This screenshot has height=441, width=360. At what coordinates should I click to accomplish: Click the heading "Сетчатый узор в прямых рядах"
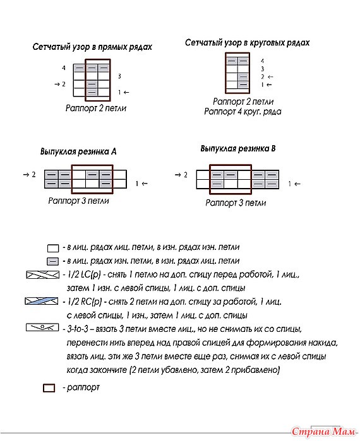(x=92, y=47)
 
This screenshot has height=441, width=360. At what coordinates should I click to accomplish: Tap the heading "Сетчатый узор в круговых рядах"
(x=247, y=43)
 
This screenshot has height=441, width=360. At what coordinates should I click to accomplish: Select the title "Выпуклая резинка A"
(x=78, y=151)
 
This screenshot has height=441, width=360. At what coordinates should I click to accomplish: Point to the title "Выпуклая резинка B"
(x=238, y=148)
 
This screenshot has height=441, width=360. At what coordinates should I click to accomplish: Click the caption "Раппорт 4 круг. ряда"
(x=243, y=112)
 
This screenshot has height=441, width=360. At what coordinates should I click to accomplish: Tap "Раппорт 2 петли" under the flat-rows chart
(x=96, y=109)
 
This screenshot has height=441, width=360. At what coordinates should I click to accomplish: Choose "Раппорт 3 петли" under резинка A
(x=78, y=201)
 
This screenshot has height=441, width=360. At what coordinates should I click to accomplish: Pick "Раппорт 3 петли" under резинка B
(x=236, y=203)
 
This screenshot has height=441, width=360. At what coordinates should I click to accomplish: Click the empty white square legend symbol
(x=53, y=249)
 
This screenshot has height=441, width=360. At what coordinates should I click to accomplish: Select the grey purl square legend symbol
(x=53, y=262)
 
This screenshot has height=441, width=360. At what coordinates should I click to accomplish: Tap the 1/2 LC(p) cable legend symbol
(x=43, y=275)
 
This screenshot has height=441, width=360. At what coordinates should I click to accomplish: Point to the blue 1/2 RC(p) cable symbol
(x=42, y=301)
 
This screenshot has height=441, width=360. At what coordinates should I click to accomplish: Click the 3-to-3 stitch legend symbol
(x=42, y=327)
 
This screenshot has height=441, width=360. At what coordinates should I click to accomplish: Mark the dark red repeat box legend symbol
(x=49, y=388)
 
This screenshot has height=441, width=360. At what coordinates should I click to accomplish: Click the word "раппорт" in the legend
(x=83, y=387)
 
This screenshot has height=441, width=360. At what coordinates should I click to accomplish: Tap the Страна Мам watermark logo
(x=323, y=432)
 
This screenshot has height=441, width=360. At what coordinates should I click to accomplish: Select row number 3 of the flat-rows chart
(x=119, y=76)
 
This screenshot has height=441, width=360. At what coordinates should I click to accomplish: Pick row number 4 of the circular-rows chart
(x=262, y=61)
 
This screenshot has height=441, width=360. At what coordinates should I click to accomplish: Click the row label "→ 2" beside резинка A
(x=30, y=175)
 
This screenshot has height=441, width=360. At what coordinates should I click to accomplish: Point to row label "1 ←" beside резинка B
(x=294, y=184)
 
